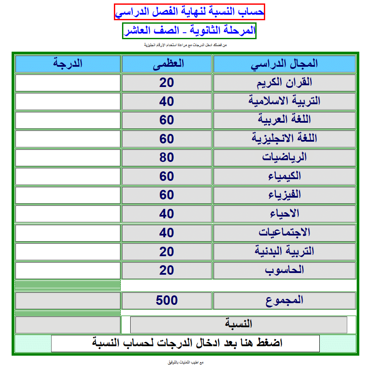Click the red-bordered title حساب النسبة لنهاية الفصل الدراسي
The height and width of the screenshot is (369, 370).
189,12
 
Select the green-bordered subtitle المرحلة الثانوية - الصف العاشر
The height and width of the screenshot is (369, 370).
189,31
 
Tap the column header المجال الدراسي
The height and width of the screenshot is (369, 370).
284,64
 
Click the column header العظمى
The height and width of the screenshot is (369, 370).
167,64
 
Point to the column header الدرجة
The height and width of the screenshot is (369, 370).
68,64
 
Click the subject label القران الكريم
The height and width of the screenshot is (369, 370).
284,83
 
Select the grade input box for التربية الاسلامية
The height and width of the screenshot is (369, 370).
68,101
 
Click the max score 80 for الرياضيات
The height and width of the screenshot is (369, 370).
167,158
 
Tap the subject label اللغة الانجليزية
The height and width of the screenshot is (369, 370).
284,139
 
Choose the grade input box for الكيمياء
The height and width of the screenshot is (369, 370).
68,176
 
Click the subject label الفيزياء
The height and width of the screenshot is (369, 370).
284,195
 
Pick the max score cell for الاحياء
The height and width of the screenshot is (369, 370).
167,214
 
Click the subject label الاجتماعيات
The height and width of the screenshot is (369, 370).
284,233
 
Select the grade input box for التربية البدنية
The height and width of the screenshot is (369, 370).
68,251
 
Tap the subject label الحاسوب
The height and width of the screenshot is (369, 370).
284,270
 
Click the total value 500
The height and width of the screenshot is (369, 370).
167,301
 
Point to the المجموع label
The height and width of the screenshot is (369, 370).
284,301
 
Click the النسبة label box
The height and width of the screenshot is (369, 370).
239,325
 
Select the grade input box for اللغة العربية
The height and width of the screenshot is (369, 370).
68,120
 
